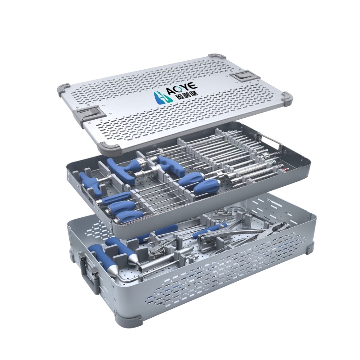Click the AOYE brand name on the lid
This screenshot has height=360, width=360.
point(182,87)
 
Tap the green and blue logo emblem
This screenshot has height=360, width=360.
point(162,98)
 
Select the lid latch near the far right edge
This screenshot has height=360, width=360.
point(244,76)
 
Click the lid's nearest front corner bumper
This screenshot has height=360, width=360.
point(109,148)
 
